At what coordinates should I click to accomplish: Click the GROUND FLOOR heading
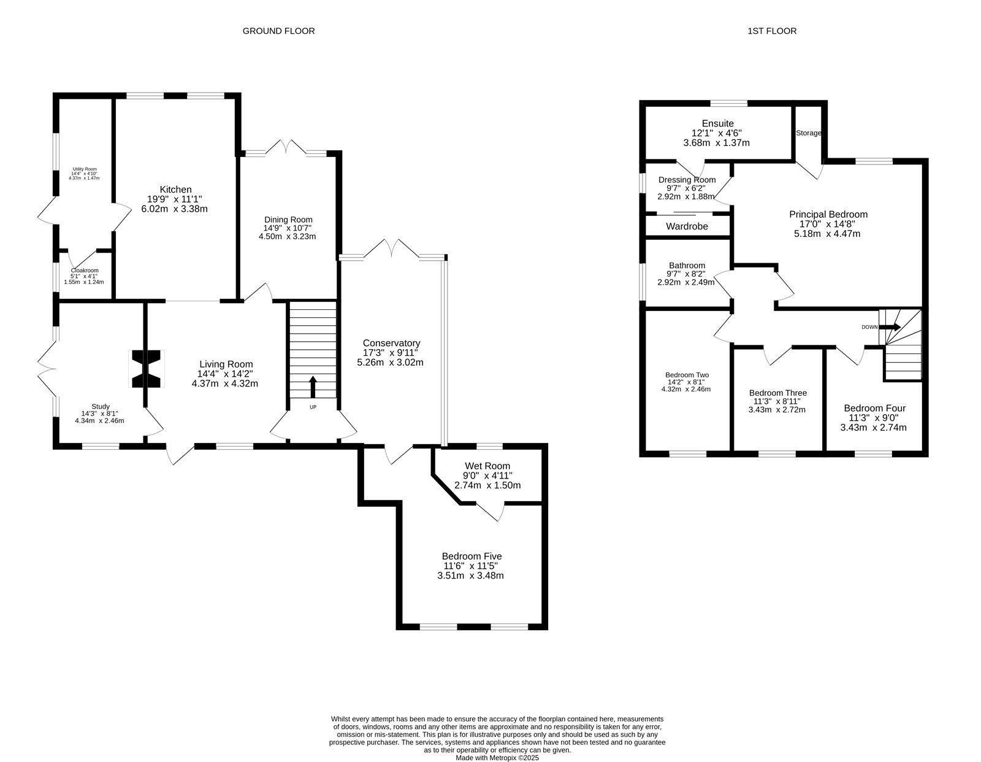click(x=278, y=31)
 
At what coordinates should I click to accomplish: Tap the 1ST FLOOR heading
click(x=772, y=31)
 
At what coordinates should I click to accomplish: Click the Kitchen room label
click(x=175, y=190)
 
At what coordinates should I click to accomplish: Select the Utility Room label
click(x=85, y=169)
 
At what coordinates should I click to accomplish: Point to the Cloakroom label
click(x=85, y=271)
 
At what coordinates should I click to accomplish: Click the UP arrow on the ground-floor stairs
click(x=313, y=387)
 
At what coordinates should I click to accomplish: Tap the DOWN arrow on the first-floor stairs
click(x=890, y=327)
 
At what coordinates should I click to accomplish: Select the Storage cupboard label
click(x=808, y=133)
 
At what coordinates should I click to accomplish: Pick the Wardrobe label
click(x=687, y=226)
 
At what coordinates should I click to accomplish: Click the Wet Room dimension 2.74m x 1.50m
click(x=487, y=485)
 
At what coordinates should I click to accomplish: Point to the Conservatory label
click(x=391, y=344)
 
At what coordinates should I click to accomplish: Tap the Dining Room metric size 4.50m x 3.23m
click(x=287, y=236)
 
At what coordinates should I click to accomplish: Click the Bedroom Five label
click(x=471, y=556)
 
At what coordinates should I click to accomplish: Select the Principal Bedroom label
click(x=828, y=215)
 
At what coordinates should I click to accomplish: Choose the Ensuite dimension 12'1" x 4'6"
click(x=717, y=133)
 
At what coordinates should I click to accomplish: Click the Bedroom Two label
click(x=687, y=375)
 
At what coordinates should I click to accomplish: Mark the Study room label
click(x=100, y=407)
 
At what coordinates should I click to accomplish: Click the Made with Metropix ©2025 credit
click(x=497, y=758)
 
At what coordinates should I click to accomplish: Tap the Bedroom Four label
click(x=874, y=409)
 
